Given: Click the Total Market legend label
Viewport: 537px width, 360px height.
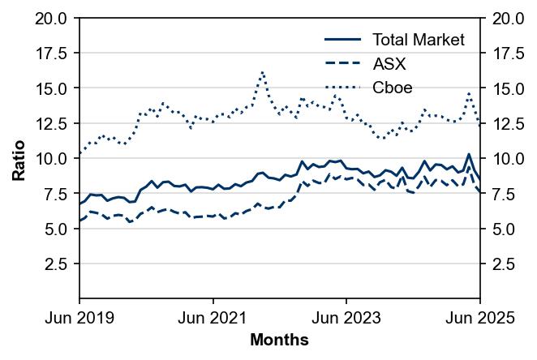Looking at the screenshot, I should (x=418, y=40).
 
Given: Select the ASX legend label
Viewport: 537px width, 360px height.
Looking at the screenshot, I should (x=389, y=64).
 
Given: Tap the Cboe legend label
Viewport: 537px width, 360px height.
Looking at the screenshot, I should (x=393, y=88).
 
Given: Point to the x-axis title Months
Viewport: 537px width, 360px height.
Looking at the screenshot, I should (x=279, y=341).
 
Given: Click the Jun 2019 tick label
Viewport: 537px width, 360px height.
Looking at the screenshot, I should (x=79, y=319).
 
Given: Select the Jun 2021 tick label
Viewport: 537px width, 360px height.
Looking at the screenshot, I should (x=213, y=319).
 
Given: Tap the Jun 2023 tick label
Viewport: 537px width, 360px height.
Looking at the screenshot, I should (x=346, y=319).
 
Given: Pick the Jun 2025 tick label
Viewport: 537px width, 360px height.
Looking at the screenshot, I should (x=481, y=319).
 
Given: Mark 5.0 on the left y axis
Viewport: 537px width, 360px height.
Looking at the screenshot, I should (x=56, y=229).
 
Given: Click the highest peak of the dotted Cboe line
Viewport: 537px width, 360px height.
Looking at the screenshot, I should (x=263, y=71).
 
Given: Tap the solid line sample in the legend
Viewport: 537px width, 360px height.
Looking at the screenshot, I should (x=342, y=40).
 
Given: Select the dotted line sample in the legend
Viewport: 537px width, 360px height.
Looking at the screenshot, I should (x=342, y=88).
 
